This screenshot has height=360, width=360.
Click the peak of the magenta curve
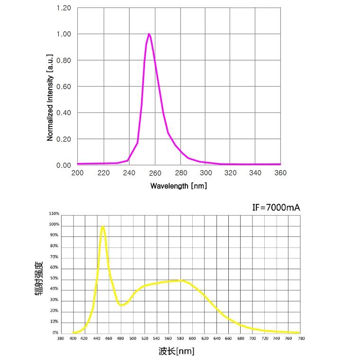click(x=149, y=34)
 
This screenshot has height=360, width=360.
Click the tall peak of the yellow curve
click(x=102, y=226)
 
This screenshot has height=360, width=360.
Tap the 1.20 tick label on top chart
click(x=63, y=8)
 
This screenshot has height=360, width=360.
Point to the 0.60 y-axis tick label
click(x=63, y=87)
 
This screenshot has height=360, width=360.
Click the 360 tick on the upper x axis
click(x=280, y=173)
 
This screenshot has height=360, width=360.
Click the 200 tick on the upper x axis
click(x=77, y=173)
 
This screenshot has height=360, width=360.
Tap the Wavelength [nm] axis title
click(x=179, y=186)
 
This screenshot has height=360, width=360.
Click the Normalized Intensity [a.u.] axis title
click(x=50, y=97)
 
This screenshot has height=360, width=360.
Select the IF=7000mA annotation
click(x=276, y=207)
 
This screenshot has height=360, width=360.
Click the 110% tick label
click(x=54, y=214)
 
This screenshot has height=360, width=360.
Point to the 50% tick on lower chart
click(x=54, y=279)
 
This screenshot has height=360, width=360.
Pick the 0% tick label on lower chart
click(x=55, y=333)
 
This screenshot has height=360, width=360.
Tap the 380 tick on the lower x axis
click(x=60, y=339)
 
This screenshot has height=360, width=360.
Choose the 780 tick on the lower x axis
click(x=300, y=339)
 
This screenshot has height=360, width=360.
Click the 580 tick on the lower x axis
click(x=180, y=339)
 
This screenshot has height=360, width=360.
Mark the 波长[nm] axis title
click(x=176, y=351)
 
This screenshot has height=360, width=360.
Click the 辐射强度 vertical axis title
click(x=39, y=279)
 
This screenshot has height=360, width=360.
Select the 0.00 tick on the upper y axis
click(x=63, y=165)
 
